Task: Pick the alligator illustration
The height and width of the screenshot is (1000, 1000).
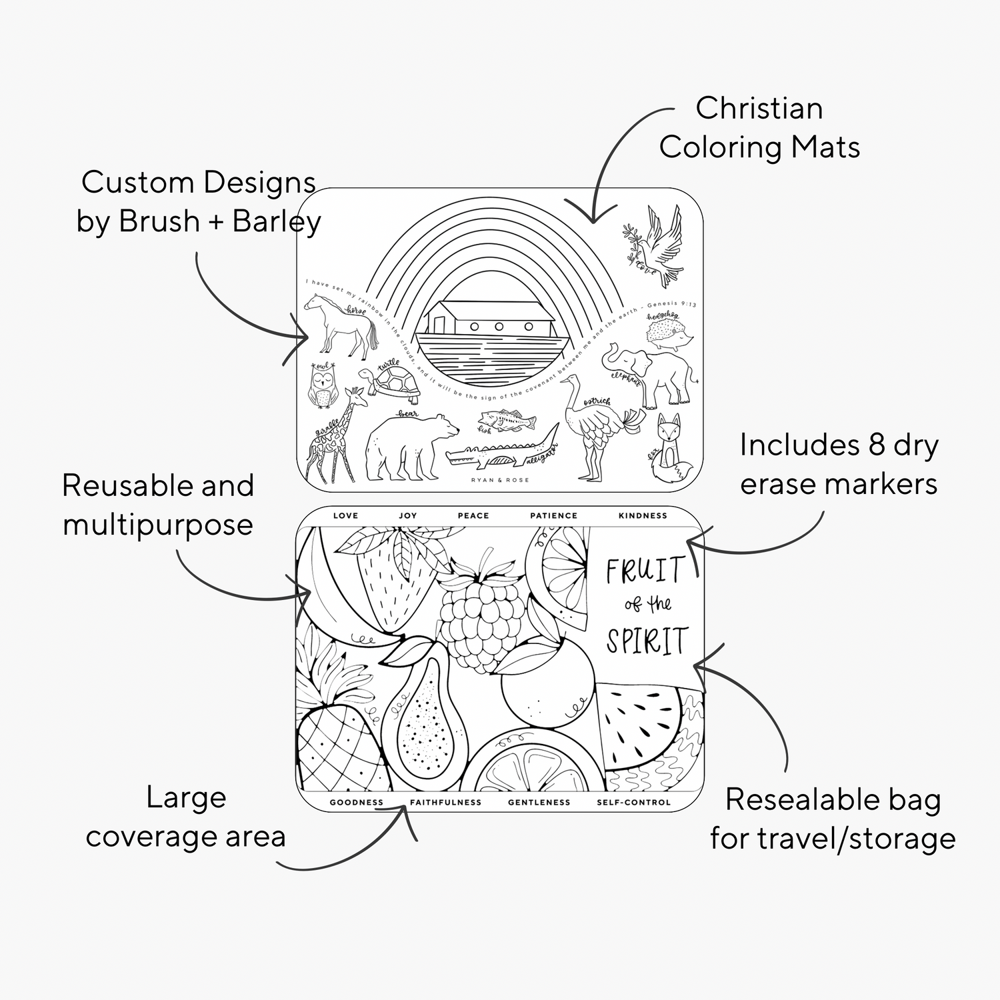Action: [500, 453]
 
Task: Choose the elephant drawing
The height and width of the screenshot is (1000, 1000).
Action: [650, 373]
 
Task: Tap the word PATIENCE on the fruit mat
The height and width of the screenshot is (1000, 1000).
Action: [553, 515]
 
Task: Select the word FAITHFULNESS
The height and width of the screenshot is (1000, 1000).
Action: [445, 802]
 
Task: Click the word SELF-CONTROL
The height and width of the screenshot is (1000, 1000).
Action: [633, 802]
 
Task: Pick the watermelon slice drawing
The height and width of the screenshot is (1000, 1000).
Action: [640, 727]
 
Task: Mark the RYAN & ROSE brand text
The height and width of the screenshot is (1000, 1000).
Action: [500, 480]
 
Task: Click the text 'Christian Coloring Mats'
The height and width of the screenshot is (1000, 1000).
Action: [759, 128]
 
